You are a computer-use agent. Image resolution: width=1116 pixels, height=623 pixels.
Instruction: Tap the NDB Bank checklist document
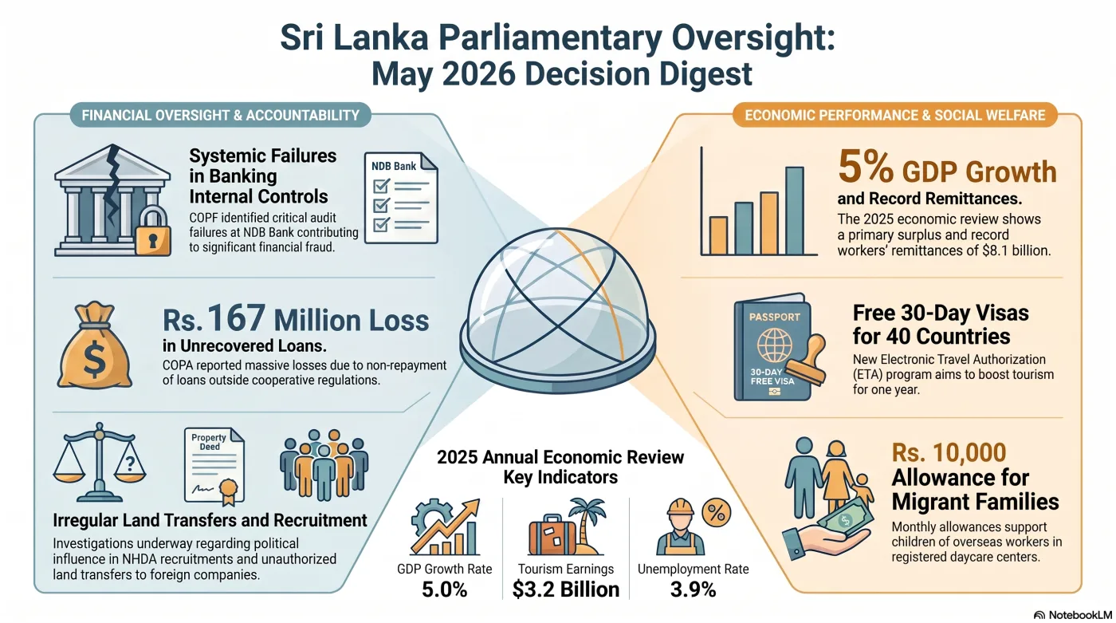click(401, 198)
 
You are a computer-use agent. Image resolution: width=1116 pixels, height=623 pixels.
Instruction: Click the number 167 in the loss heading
click(236, 318)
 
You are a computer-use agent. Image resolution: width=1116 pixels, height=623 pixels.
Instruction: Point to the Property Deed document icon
click(214, 465)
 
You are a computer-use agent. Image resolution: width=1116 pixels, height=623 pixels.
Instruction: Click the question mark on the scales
click(130, 464)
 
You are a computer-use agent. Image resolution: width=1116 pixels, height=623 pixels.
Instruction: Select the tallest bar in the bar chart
click(795, 211)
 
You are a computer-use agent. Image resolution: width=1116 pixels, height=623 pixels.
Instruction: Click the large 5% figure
click(866, 167)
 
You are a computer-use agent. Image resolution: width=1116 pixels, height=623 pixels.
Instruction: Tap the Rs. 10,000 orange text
click(949, 452)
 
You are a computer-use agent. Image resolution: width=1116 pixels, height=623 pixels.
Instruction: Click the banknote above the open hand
click(846, 519)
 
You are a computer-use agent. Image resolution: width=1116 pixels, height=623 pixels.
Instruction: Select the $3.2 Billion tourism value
click(565, 589)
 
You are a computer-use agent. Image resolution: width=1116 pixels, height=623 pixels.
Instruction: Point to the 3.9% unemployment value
click(693, 589)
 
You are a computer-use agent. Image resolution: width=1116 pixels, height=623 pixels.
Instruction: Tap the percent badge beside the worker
click(717, 512)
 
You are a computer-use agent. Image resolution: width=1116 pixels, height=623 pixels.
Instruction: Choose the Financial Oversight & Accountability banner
click(220, 115)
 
